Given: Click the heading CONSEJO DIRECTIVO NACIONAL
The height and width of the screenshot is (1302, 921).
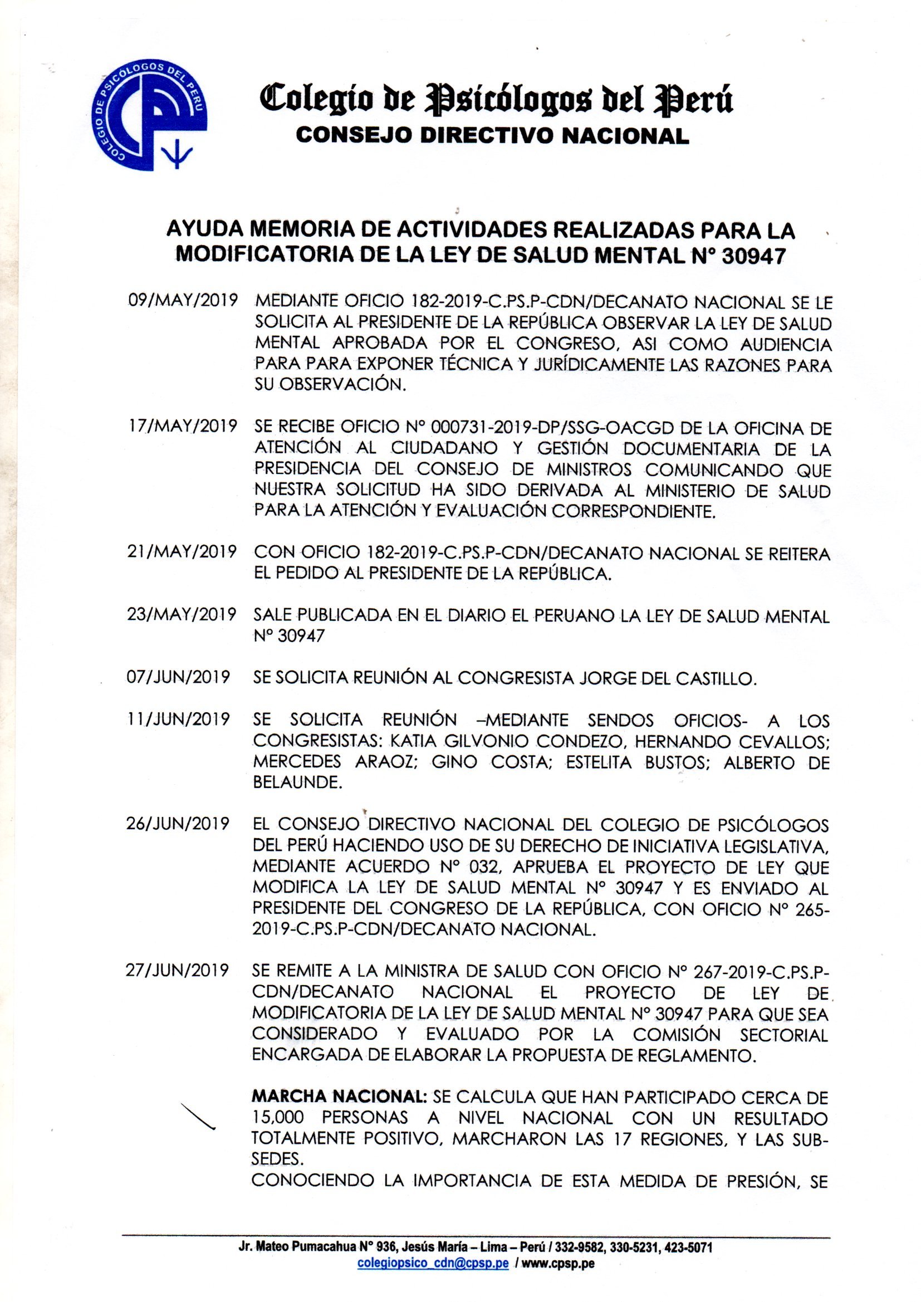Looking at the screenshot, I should pyautogui.click(x=492, y=135).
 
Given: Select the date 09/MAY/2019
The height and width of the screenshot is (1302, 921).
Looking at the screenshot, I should pyautogui.click(x=183, y=301).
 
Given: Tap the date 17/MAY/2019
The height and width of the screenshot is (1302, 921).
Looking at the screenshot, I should pyautogui.click(x=183, y=426).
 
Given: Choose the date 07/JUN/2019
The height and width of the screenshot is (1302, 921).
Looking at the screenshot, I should pyautogui.click(x=179, y=677).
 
